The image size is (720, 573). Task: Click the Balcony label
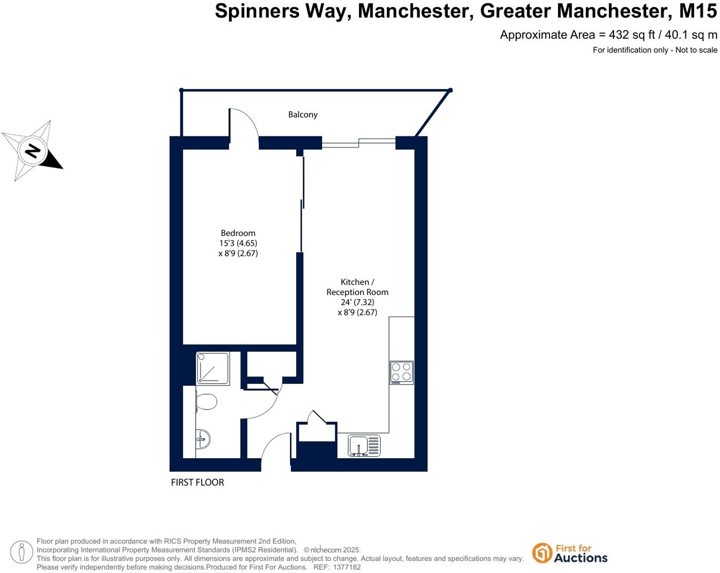pos(303,114)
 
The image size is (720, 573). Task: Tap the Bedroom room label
pos(238,233)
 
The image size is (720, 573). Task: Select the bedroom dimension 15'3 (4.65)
pos(238,243)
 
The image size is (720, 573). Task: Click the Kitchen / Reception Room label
pos(357,287)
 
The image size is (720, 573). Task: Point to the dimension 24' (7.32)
pos(357,302)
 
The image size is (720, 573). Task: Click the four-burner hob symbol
pos(402,372)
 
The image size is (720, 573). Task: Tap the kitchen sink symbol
pos(364,446)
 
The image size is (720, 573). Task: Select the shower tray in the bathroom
pos(213,368)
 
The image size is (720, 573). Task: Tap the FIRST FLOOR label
pos(197,482)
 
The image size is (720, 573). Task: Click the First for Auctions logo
pos(569,553)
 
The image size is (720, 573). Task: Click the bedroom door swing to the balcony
pos(244,124)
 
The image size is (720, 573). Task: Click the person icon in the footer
pos(22,552)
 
